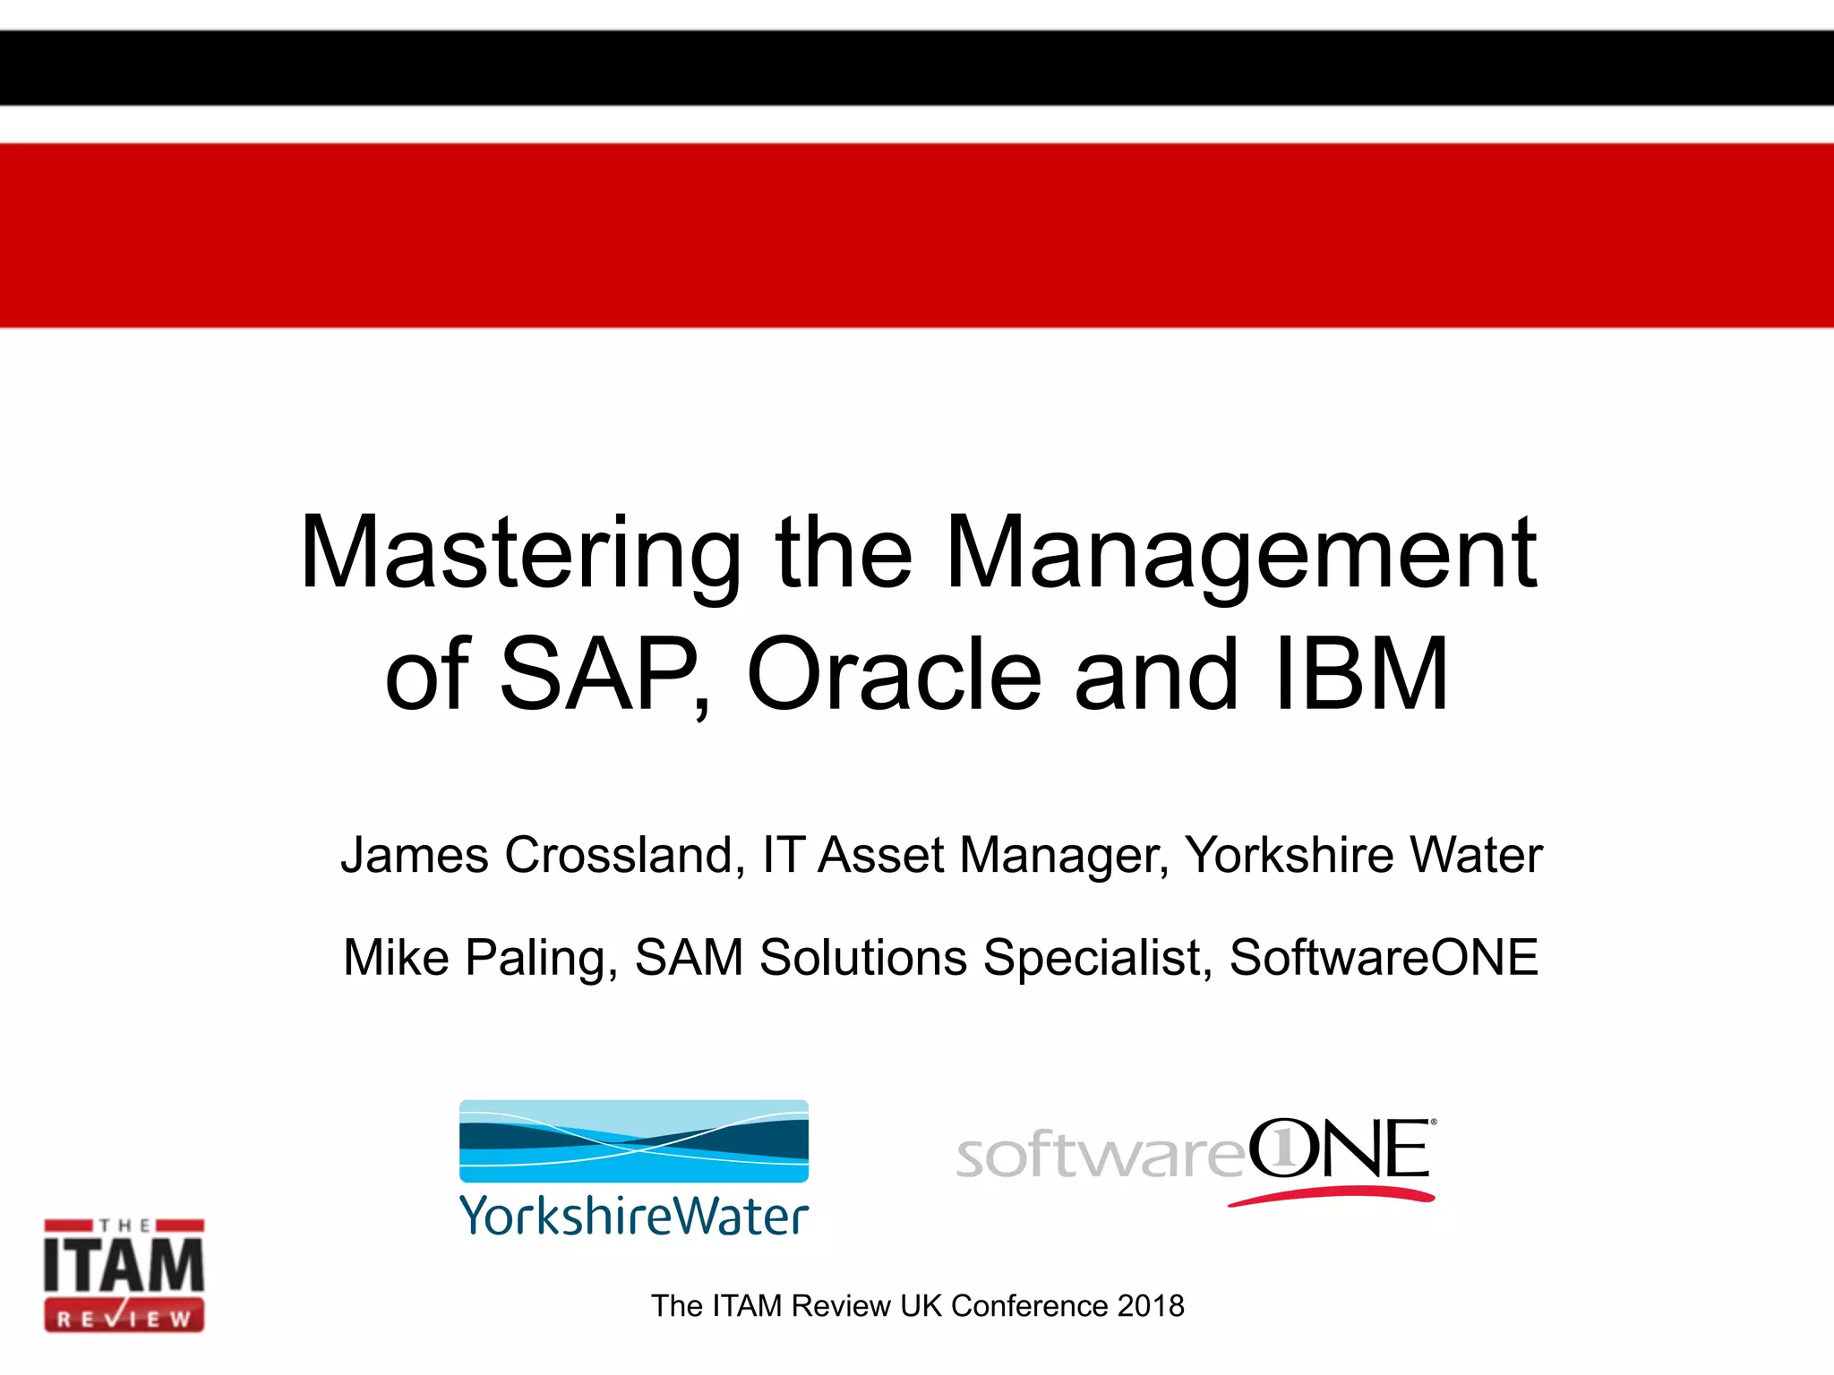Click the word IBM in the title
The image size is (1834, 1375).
tap(1361, 675)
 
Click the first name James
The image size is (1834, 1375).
tap(415, 855)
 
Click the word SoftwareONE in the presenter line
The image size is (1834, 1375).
tap(1384, 958)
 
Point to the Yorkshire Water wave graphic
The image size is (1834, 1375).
tap(634, 1140)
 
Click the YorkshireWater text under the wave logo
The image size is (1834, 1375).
tap(634, 1217)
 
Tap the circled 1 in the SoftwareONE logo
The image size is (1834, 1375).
tap(1283, 1149)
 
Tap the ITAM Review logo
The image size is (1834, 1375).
tap(124, 1275)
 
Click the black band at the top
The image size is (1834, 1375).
tap(917, 68)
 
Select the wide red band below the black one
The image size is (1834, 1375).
tap(917, 235)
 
